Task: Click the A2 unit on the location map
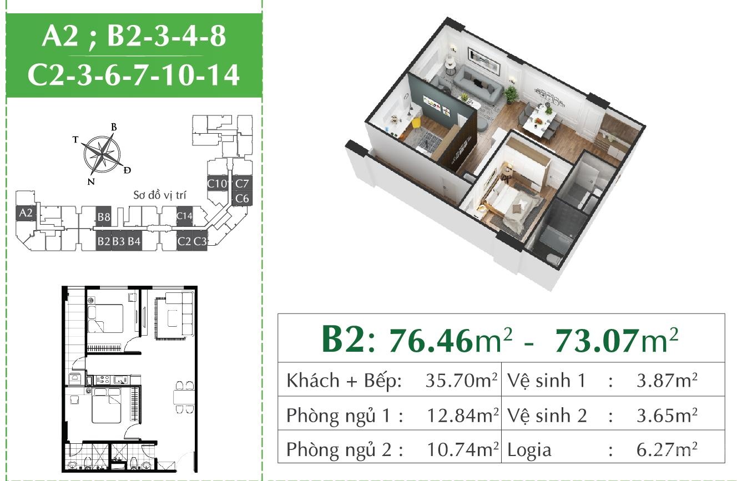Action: tap(26, 213)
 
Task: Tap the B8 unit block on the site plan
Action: tap(103, 217)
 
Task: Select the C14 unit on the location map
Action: tap(184, 216)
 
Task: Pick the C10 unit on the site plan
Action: tap(218, 184)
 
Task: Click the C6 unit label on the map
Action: tap(242, 199)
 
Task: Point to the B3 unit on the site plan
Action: tap(118, 241)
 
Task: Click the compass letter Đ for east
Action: tap(127, 170)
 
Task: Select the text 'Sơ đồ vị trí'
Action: tap(160, 195)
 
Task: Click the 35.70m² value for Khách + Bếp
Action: tap(461, 381)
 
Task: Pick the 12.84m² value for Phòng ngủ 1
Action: tap(462, 415)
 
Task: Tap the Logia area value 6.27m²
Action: tap(667, 449)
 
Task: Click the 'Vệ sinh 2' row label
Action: tap(547, 415)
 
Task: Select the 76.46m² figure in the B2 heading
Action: tap(451, 340)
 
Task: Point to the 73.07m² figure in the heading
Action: tap(617, 340)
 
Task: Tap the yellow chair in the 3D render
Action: tap(416, 125)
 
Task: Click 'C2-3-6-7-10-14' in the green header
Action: tap(134, 75)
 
